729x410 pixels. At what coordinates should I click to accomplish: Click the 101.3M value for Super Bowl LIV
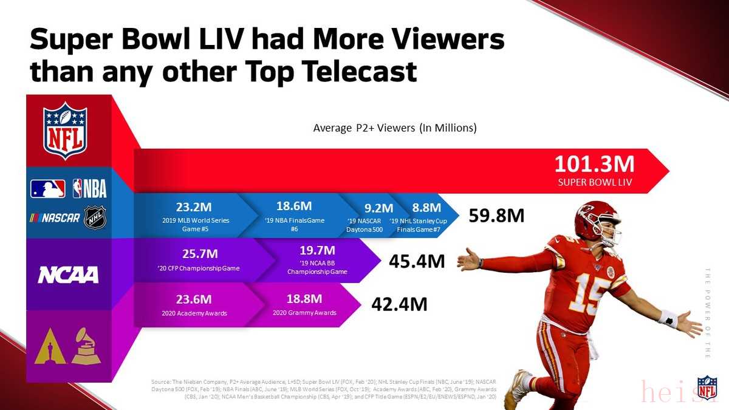pos(594,165)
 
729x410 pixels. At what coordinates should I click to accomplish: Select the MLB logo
pos(48,189)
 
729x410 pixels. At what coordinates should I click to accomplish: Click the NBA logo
pos(89,189)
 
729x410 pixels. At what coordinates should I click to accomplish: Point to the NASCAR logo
pos(55,217)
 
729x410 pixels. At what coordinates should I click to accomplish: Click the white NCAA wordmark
pos(68,275)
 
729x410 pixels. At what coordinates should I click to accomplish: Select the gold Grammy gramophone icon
pos(86,346)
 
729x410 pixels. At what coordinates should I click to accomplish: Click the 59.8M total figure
pos(496,216)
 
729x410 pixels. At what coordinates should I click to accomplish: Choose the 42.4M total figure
pos(399,303)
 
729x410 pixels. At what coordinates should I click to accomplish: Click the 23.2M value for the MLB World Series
pos(194,207)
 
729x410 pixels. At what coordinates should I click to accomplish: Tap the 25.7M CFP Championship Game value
pos(200,253)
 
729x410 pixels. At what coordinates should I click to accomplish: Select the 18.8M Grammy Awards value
pos(304,299)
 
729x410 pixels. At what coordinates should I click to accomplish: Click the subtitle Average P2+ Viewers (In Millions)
pos(395,128)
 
